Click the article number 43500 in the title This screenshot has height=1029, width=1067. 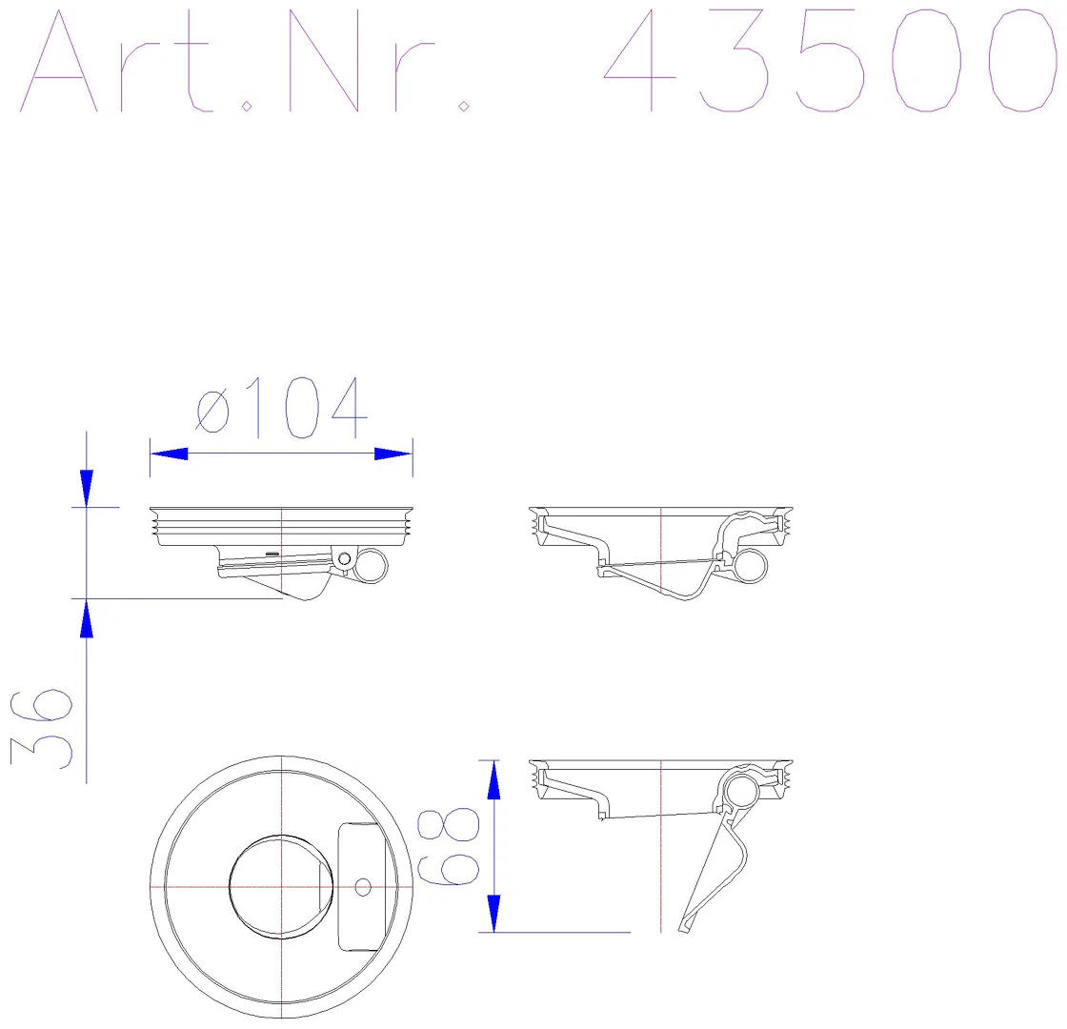[830, 61]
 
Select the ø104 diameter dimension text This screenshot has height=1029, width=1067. [282, 407]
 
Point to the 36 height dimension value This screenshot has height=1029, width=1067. [42, 729]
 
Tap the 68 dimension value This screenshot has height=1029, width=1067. [448, 847]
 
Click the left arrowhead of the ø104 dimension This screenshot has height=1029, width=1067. [169, 454]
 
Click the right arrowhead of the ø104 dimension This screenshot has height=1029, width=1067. [393, 454]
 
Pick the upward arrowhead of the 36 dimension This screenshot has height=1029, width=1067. [87, 618]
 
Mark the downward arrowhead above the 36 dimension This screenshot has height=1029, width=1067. [87, 488]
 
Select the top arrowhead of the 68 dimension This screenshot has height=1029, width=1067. [494, 780]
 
